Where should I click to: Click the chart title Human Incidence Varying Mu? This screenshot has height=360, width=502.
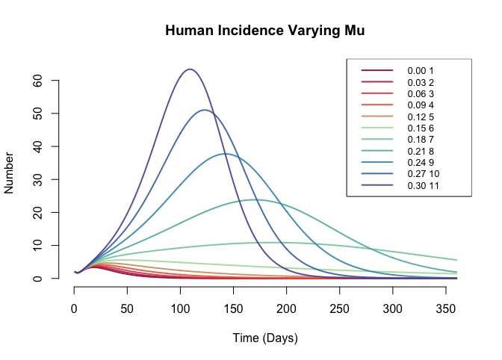pyautogui.click(x=264, y=31)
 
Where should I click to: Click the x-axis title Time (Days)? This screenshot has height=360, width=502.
pyautogui.click(x=265, y=338)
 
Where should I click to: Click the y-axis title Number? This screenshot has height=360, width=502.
pyautogui.click(x=9, y=173)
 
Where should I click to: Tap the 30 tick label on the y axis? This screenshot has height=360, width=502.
pyautogui.click(x=37, y=179)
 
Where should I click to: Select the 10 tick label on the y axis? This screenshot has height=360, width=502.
pyautogui.click(x=37, y=246)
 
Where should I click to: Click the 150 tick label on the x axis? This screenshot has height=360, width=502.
pyautogui.click(x=233, y=308)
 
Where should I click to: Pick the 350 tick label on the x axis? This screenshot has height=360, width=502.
pyautogui.click(x=446, y=308)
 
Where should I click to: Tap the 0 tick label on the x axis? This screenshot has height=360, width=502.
pyautogui.click(x=74, y=308)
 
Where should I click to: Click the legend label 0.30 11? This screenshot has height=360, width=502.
pyautogui.click(x=423, y=185)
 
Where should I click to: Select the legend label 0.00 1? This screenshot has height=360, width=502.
pyautogui.click(x=421, y=71)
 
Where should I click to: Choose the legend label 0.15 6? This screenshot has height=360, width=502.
pyautogui.click(x=421, y=128)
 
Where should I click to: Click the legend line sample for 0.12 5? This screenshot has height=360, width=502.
pyautogui.click(x=377, y=117)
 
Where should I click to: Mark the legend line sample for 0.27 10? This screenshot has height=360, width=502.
pyautogui.click(x=377, y=173)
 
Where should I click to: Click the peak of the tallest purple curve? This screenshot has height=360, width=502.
pyautogui.click(x=190, y=69)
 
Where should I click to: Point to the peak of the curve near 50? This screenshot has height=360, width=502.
pyautogui.click(x=204, y=110)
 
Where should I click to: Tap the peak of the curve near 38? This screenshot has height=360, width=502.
pyautogui.click(x=226, y=154)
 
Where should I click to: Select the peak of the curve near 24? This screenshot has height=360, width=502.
pyautogui.click(x=255, y=200)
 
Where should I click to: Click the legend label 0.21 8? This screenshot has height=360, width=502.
pyautogui.click(x=421, y=151)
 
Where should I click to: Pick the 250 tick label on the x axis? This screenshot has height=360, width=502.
pyautogui.click(x=339, y=308)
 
